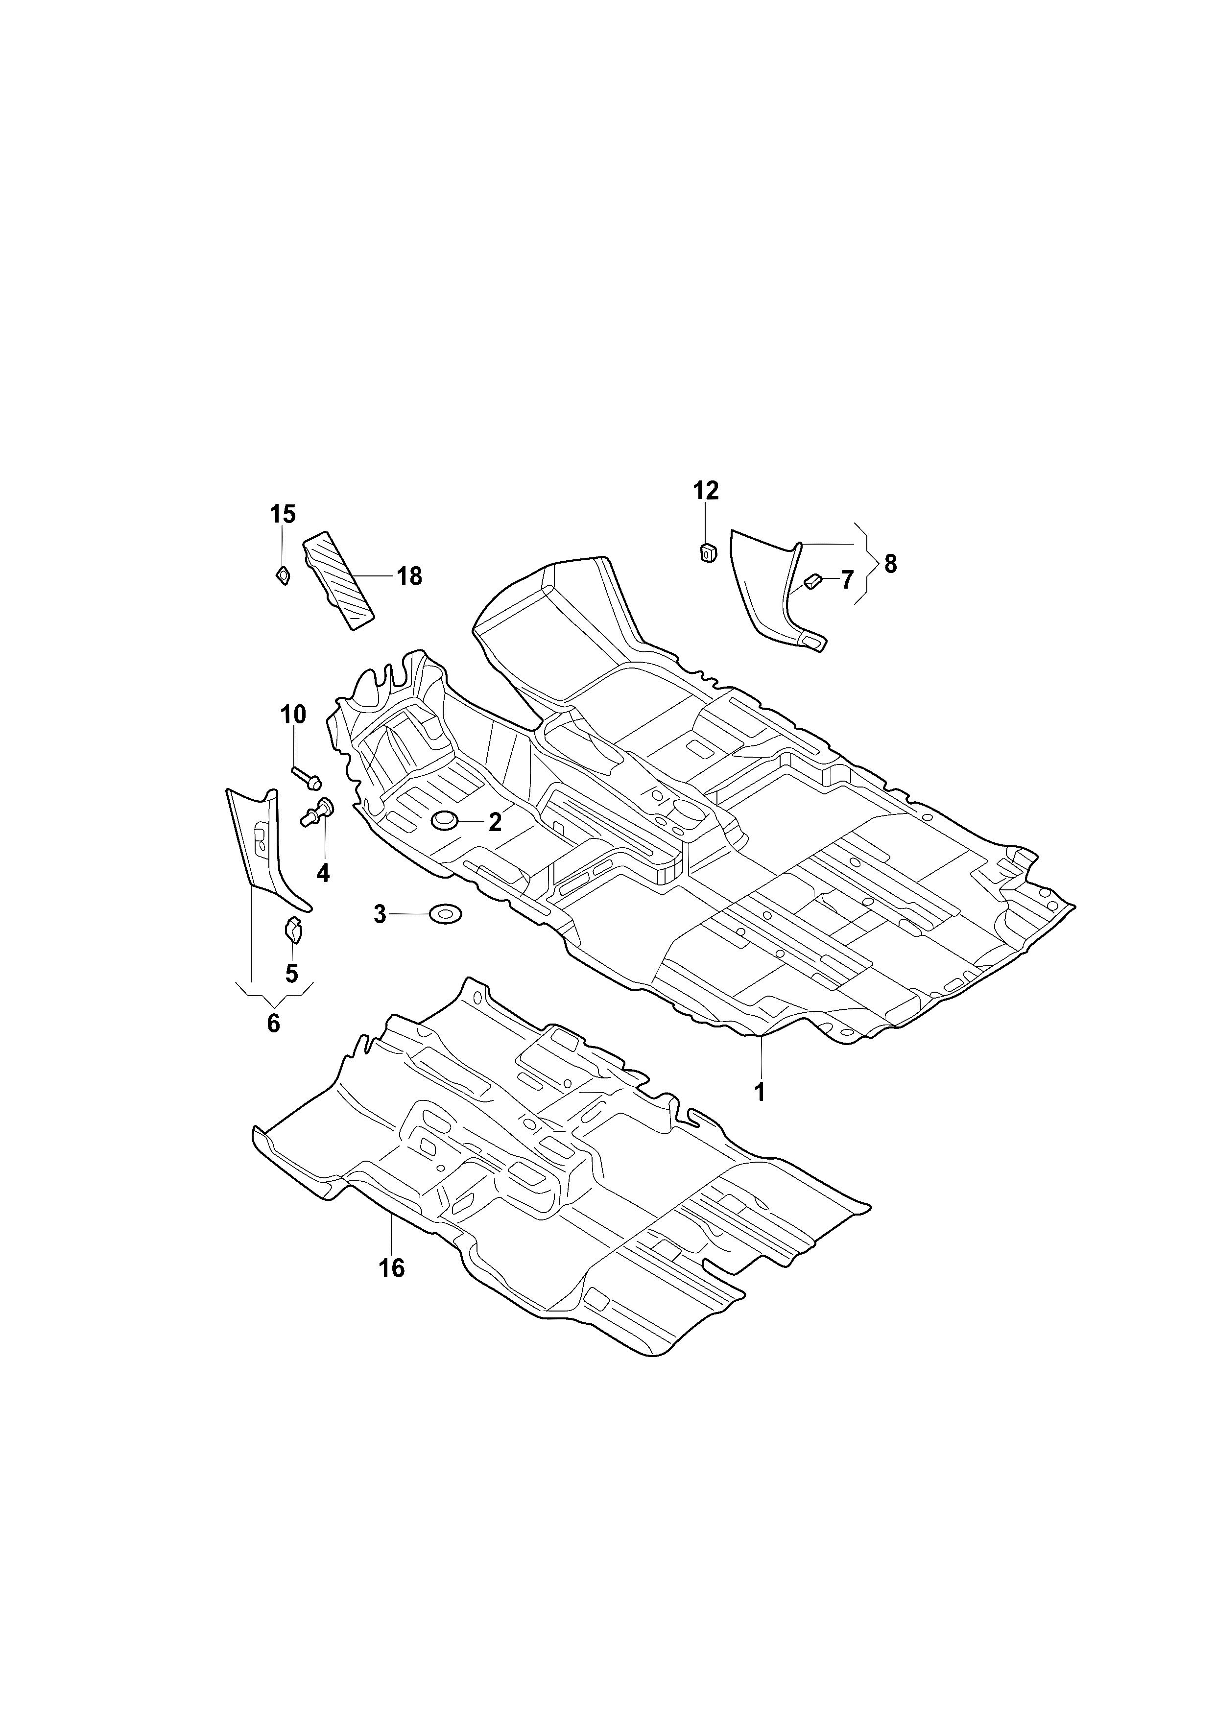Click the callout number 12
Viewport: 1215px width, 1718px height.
point(706,491)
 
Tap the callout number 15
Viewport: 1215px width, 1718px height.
point(283,514)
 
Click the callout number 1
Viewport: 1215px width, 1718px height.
point(760,1093)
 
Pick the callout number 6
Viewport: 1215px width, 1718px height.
point(273,1023)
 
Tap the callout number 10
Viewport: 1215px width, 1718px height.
point(293,715)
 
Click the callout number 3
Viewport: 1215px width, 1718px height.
point(380,914)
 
